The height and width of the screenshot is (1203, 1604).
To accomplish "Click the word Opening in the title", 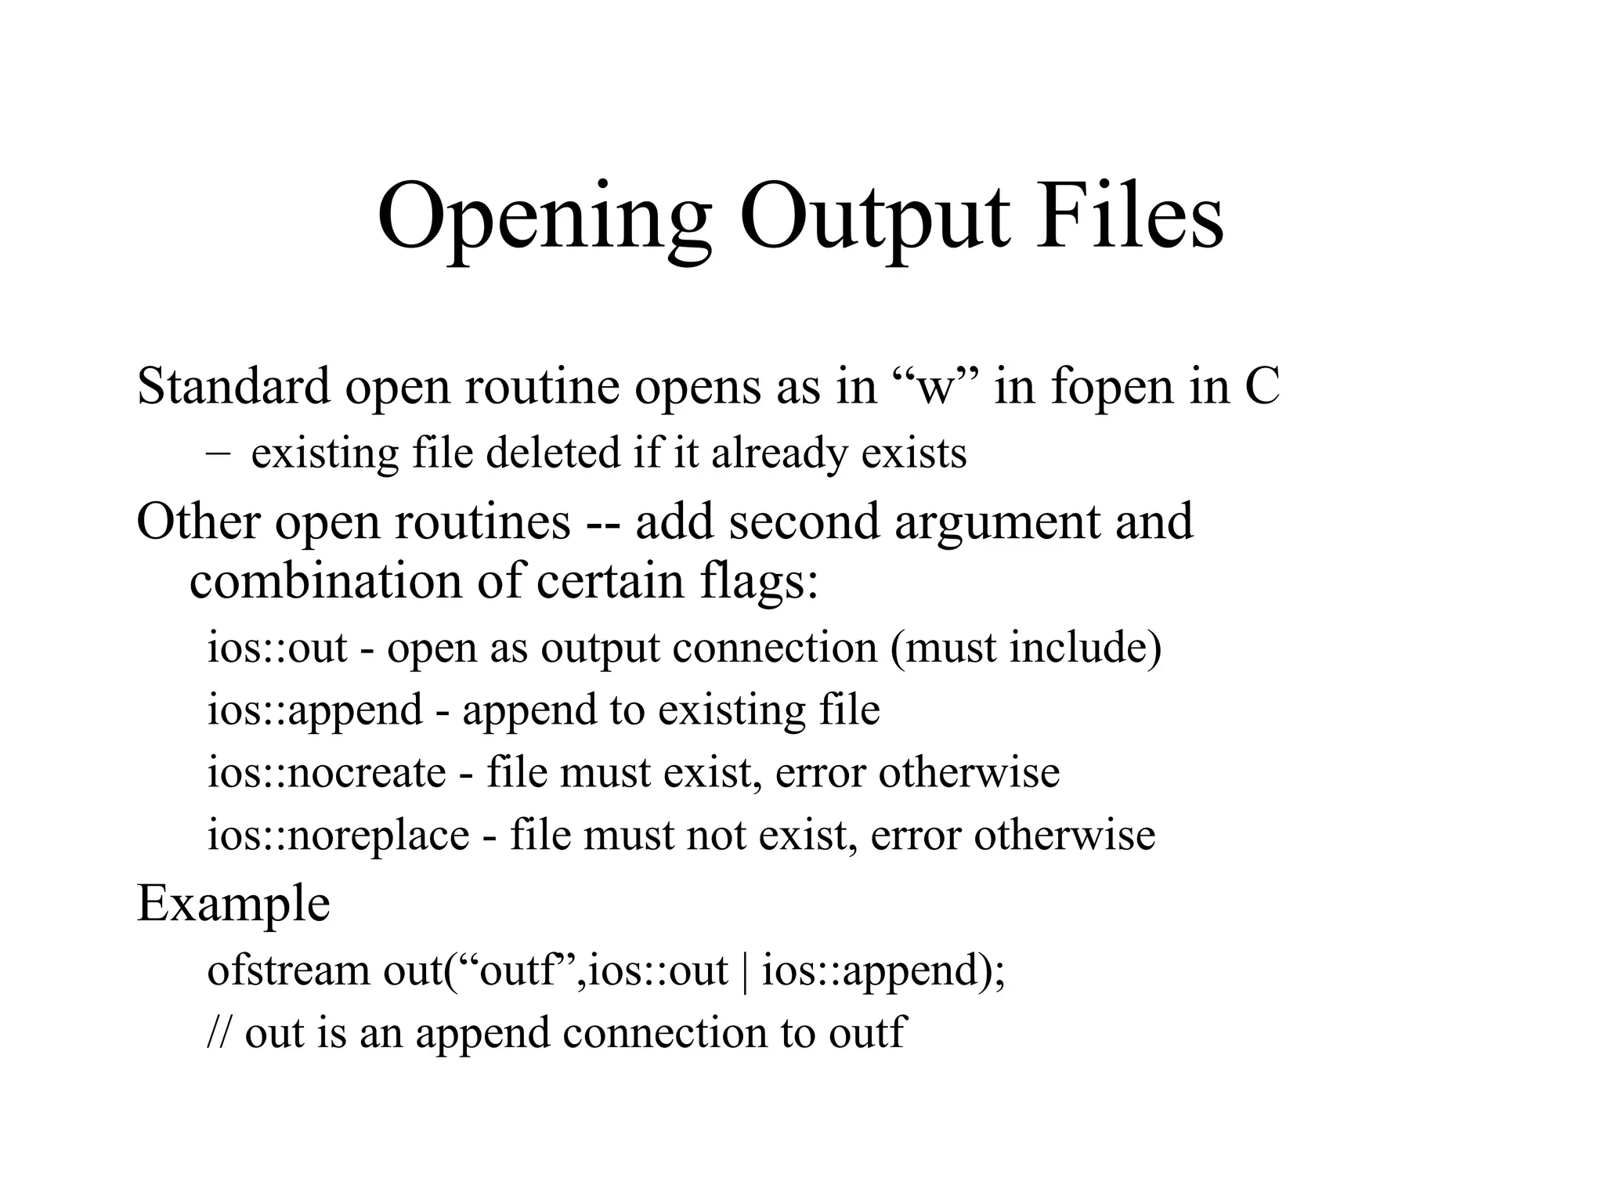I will [x=544, y=217].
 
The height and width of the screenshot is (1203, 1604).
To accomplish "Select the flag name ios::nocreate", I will [x=326, y=772].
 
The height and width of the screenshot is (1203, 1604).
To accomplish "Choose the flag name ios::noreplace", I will [x=338, y=834].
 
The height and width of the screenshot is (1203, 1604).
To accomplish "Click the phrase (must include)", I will [x=1025, y=648].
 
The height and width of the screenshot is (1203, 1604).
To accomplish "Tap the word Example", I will [x=233, y=903].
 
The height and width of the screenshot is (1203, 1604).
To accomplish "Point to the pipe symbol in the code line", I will [x=744, y=971].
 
